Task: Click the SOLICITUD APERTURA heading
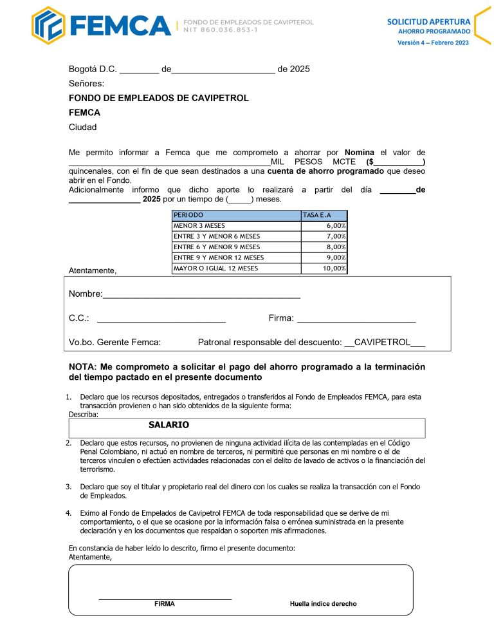click(428, 21)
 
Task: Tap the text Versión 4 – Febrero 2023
click(433, 43)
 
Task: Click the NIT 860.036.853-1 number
click(221, 30)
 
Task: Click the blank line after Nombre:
click(201, 296)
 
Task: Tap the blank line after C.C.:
click(161, 319)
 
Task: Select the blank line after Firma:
click(356, 319)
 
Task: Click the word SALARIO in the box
click(169, 426)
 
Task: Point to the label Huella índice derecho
click(323, 604)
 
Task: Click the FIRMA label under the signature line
click(164, 604)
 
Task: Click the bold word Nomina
click(360, 153)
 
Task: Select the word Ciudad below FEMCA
click(82, 127)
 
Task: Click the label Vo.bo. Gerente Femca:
click(114, 343)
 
